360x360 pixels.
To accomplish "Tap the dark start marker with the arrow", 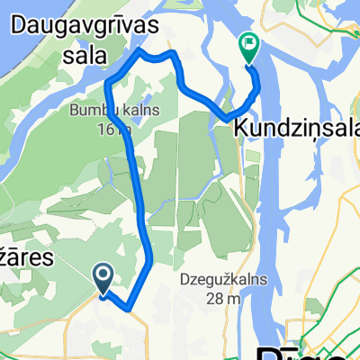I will (x=103, y=278).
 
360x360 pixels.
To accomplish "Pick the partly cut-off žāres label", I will (x=27, y=258).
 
